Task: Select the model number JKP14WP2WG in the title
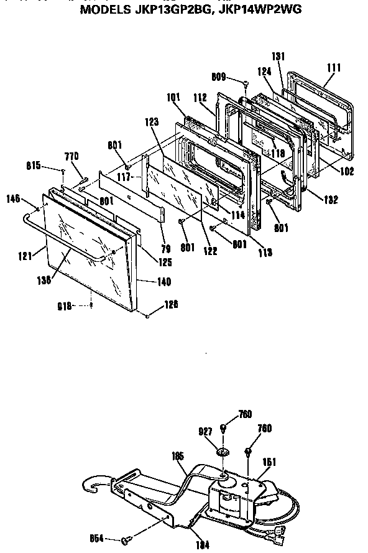[262, 11]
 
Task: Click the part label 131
[278, 57]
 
